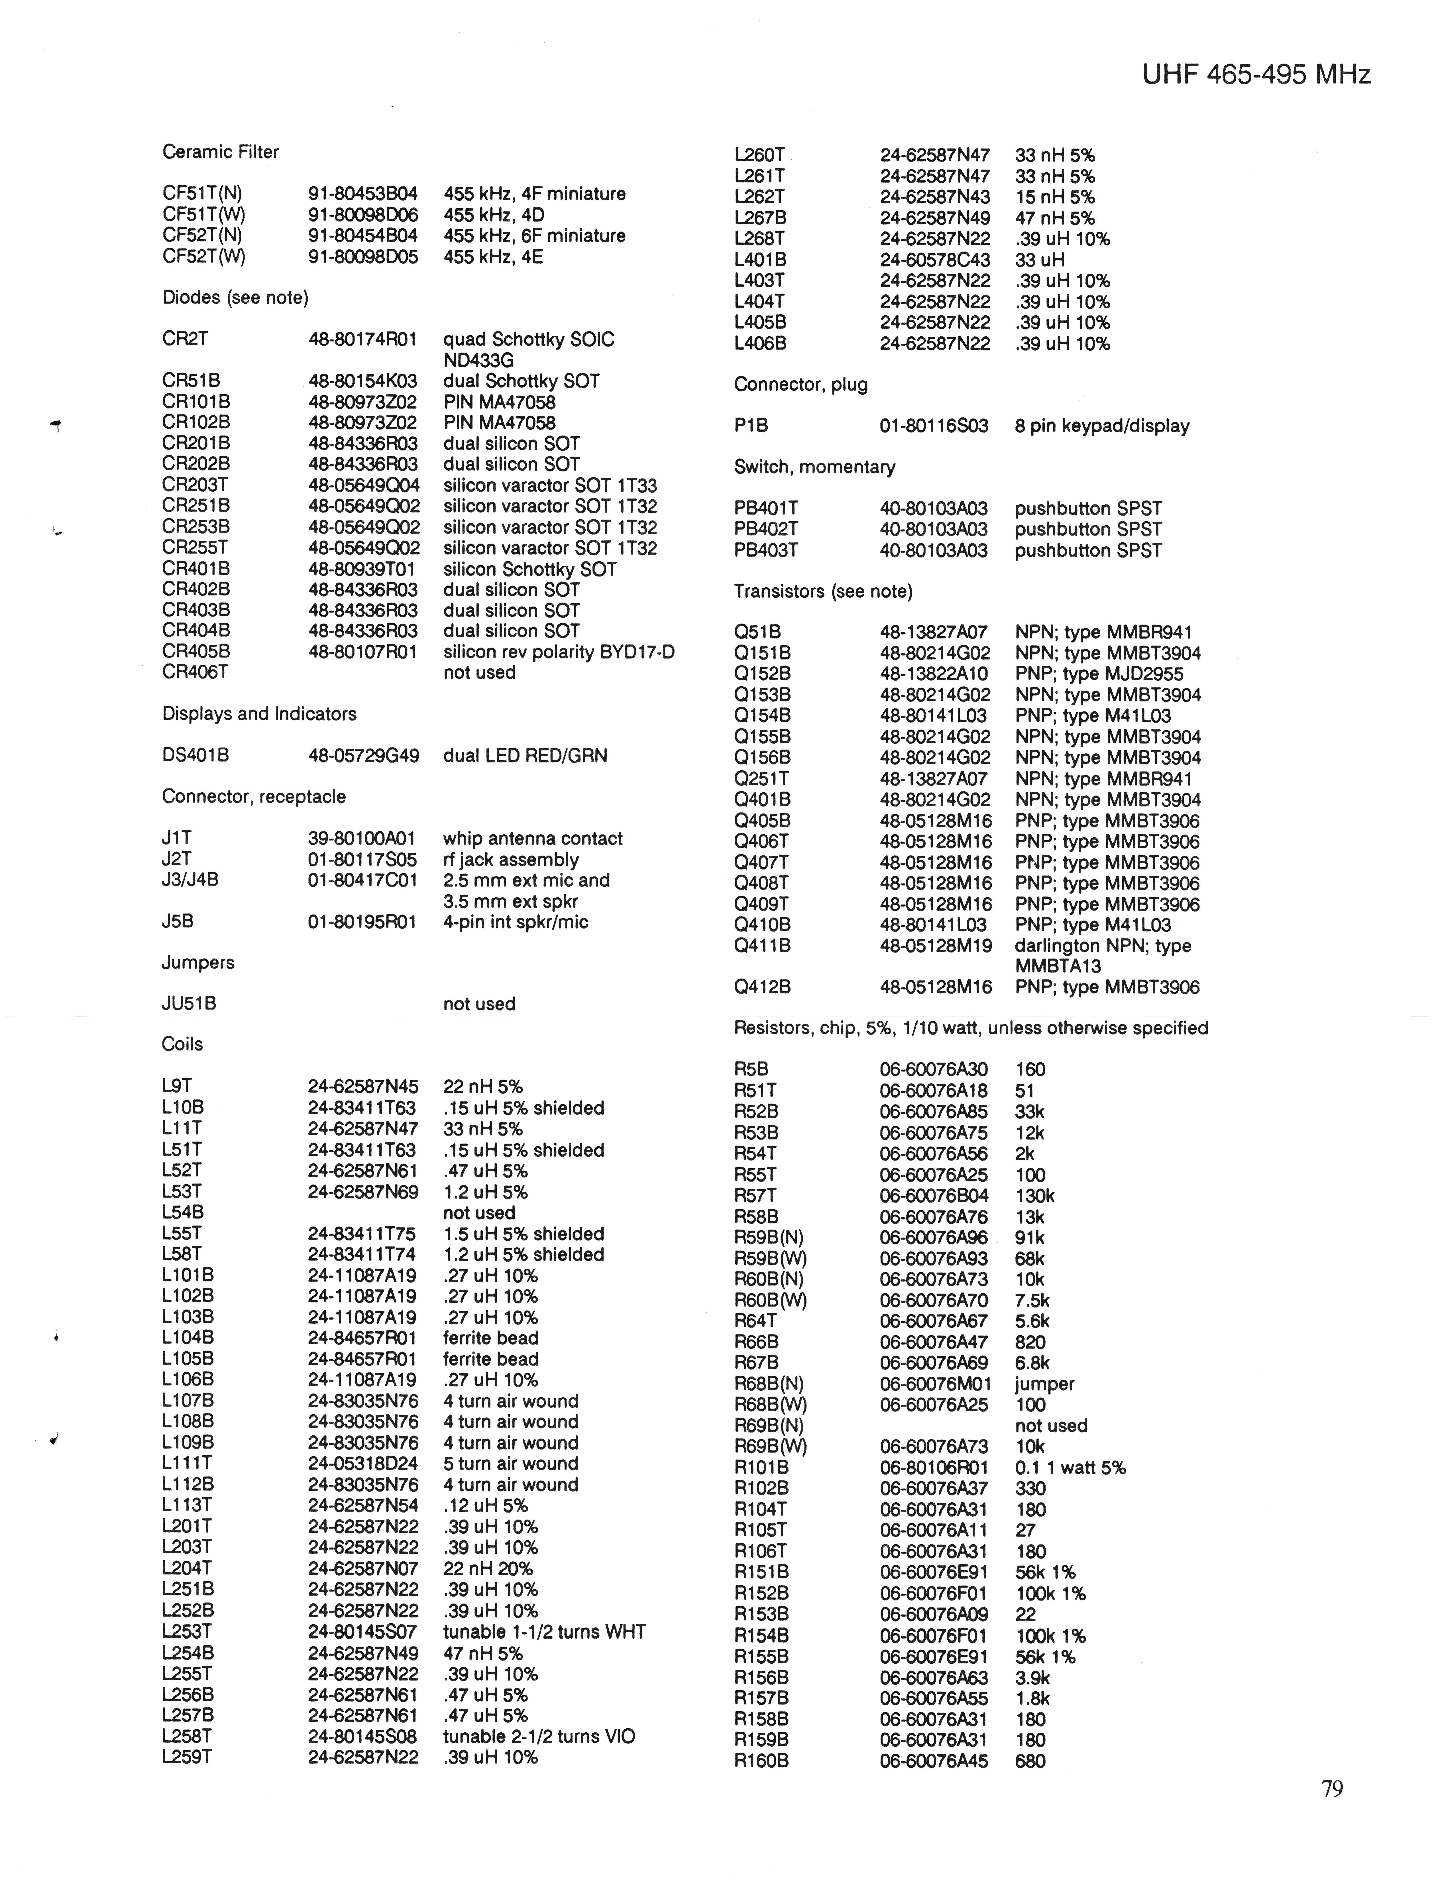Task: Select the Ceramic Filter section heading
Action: tap(220, 152)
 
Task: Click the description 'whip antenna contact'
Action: tap(533, 838)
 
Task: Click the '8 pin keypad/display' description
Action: tap(1101, 426)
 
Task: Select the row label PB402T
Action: tap(766, 529)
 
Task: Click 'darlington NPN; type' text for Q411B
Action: tap(1102, 946)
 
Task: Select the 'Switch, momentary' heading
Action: tap(814, 467)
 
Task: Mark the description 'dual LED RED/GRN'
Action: tap(525, 755)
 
